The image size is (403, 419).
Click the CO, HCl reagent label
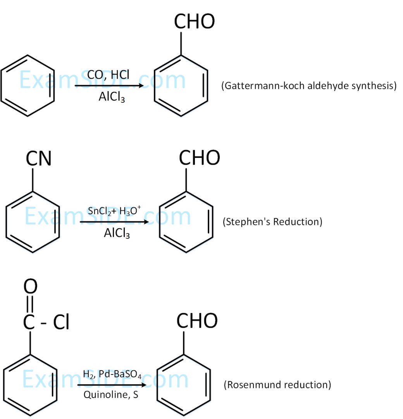108,74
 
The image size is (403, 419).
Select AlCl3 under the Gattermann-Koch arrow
112,97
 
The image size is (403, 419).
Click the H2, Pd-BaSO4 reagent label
112,374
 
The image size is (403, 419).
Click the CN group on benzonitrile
38,159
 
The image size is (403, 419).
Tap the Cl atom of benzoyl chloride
61,323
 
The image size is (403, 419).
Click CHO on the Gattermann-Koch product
194,22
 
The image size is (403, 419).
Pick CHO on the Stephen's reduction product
199,158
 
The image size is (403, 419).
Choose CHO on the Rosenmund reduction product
197,321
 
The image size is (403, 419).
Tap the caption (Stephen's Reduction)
272,222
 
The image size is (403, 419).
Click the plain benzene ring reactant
28,86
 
